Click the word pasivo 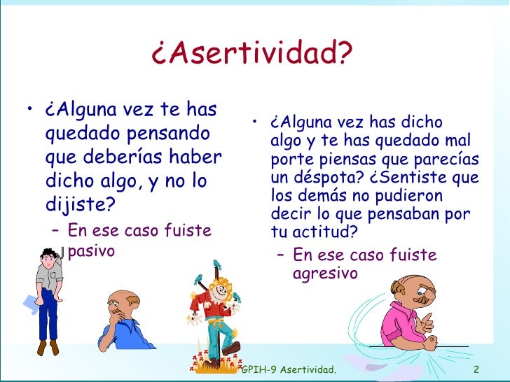[x=90, y=250]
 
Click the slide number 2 [x=476, y=369]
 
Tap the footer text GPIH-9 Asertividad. [x=287, y=369]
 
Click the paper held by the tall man [x=32, y=302]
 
